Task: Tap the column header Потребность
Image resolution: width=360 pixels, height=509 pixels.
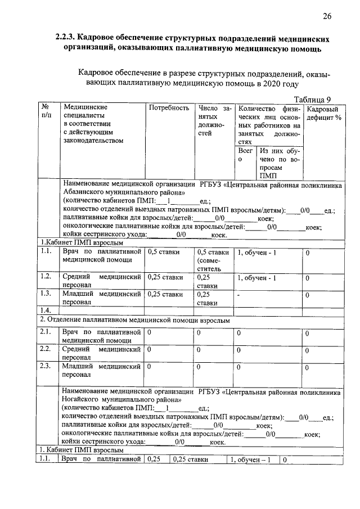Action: (x=168, y=107)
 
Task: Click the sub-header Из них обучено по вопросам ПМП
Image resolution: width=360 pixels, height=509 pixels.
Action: (x=279, y=163)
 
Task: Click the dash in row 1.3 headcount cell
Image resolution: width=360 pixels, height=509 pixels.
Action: (x=239, y=294)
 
